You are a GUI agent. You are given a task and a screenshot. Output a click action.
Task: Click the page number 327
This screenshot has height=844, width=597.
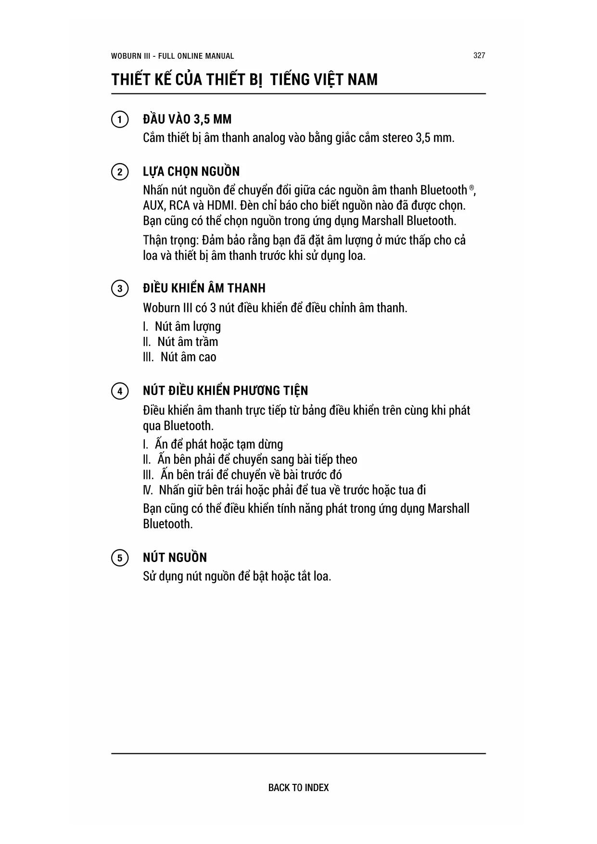[479, 55]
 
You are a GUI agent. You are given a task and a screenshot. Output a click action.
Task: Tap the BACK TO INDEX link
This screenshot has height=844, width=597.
[298, 787]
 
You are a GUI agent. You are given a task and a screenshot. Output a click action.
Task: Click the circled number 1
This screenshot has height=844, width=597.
[119, 119]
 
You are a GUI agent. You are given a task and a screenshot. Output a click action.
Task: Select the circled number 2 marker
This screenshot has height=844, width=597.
[119, 172]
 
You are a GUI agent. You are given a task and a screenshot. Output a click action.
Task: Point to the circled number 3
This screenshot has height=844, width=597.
[119, 289]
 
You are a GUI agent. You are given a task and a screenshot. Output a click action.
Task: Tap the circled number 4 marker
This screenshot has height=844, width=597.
[119, 391]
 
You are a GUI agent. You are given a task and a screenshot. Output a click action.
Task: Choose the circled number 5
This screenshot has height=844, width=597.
[119, 558]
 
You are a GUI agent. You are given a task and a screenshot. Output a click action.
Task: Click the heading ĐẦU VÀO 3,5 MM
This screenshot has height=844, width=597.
[187, 119]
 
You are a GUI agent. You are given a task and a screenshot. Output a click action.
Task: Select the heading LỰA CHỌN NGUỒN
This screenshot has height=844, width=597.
[191, 172]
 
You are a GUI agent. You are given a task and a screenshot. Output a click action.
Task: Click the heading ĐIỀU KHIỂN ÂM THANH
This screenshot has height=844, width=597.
[204, 288]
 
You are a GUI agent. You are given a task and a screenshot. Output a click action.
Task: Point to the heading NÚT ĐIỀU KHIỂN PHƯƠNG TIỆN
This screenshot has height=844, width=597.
[225, 391]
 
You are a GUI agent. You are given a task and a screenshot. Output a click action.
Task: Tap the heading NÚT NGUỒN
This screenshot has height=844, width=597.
[175, 558]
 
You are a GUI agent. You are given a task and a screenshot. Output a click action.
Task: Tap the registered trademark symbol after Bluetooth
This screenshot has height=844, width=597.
[472, 187]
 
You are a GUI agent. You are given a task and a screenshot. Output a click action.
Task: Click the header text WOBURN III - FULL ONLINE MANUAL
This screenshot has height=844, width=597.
[172, 56]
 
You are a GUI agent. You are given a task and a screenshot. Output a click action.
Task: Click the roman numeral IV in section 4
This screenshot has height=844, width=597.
[147, 490]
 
